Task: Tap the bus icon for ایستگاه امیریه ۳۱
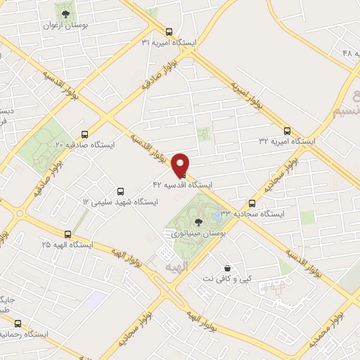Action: [x=168, y=32]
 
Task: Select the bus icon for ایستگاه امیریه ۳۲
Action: [x=287, y=130]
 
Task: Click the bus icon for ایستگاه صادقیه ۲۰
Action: [x=85, y=134]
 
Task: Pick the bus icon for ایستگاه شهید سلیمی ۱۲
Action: [x=120, y=191]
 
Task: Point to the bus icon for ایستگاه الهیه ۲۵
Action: [x=67, y=234]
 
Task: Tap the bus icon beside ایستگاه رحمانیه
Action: [x=18, y=323]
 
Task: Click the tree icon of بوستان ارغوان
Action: [x=65, y=13]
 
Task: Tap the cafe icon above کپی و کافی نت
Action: [x=226, y=268]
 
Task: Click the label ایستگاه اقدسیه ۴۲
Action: [x=182, y=186]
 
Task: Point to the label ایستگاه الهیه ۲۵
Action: [x=67, y=245]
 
